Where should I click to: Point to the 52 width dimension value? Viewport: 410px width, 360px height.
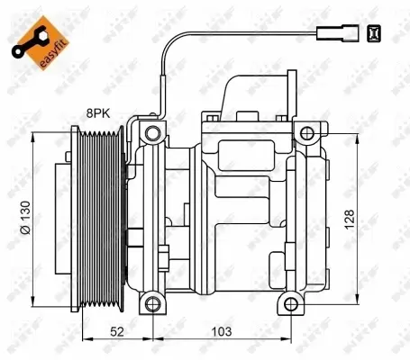(117, 332)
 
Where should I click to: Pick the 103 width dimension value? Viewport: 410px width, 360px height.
(222, 332)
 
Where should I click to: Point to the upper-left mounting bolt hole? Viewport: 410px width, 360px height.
(150, 133)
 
